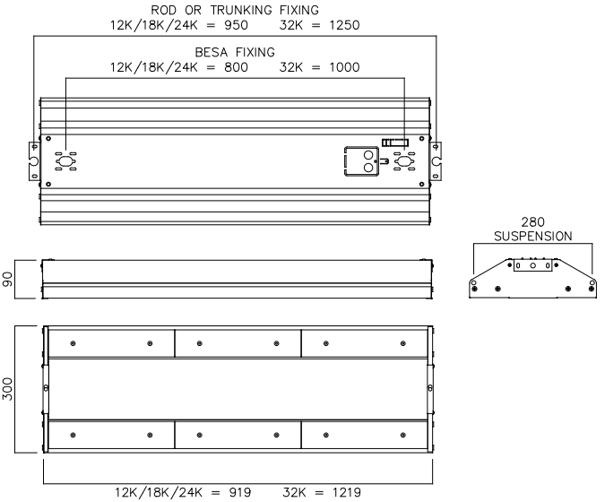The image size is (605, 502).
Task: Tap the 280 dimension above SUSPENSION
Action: pos(533,221)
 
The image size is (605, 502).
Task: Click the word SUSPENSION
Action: pos(533,236)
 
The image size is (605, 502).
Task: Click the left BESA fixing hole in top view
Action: pos(65,161)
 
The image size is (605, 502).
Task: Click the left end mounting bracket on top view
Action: pos(33,161)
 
